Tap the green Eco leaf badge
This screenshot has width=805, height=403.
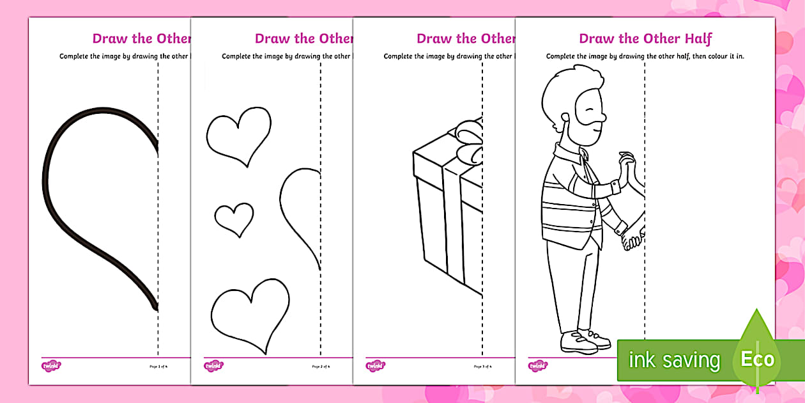pyautogui.click(x=757, y=358)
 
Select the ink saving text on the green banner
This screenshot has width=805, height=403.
pyautogui.click(x=674, y=360)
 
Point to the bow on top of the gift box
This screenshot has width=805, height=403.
pyautogui.click(x=470, y=144)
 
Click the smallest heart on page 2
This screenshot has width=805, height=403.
pyautogui.click(x=234, y=219)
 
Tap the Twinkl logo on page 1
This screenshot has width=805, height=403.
pyautogui.click(x=51, y=367)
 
